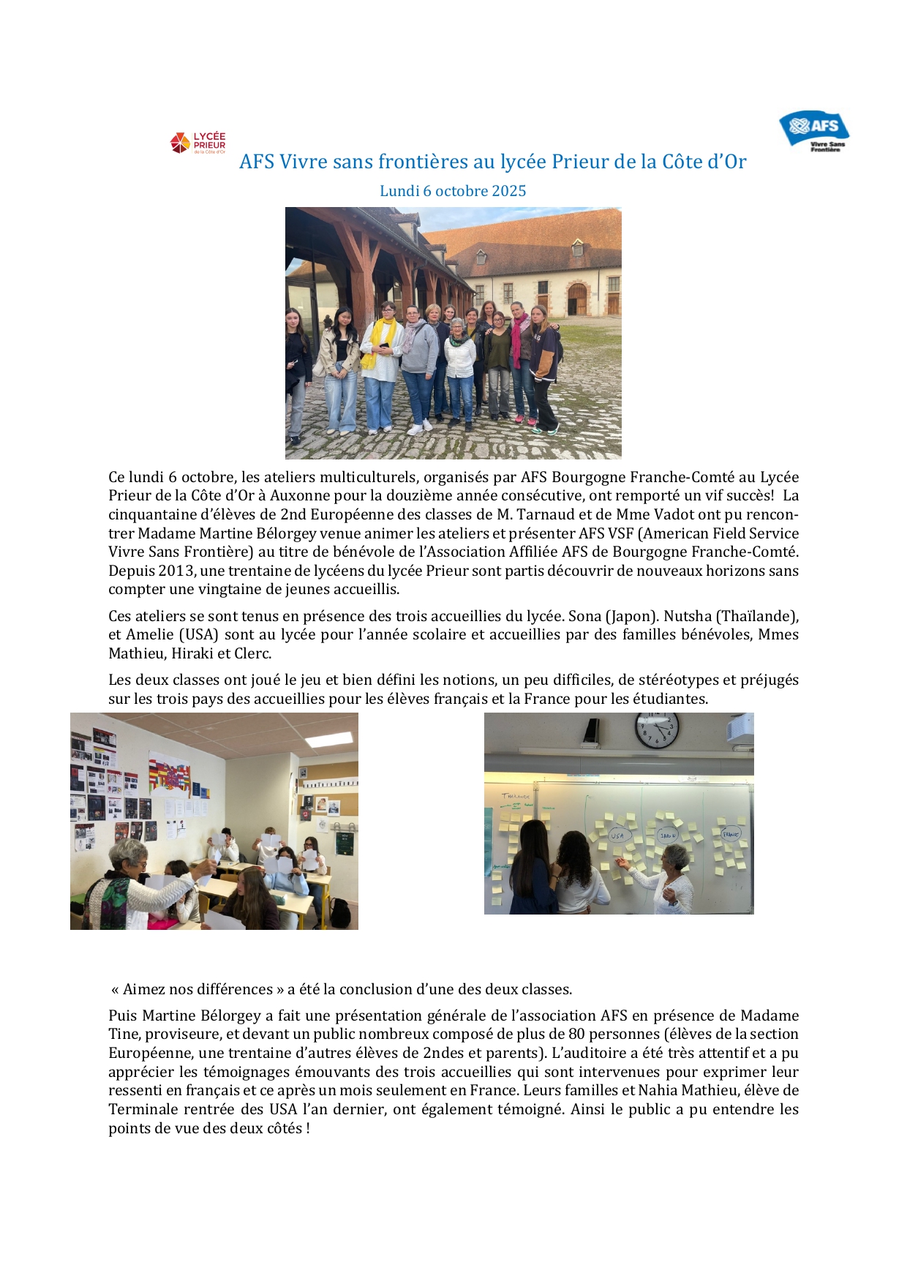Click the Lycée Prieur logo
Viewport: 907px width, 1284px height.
[197, 143]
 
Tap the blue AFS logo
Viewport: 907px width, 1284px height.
[814, 129]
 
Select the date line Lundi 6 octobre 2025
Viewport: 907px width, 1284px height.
[453, 191]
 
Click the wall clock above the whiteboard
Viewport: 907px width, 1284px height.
[657, 729]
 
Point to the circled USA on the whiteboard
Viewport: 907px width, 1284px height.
[617, 835]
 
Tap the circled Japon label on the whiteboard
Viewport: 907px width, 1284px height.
[668, 835]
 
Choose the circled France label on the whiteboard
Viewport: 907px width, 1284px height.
[730, 833]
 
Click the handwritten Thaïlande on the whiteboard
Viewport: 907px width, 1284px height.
[516, 795]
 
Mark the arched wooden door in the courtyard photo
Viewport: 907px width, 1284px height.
[577, 299]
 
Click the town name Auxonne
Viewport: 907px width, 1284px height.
[297, 495]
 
